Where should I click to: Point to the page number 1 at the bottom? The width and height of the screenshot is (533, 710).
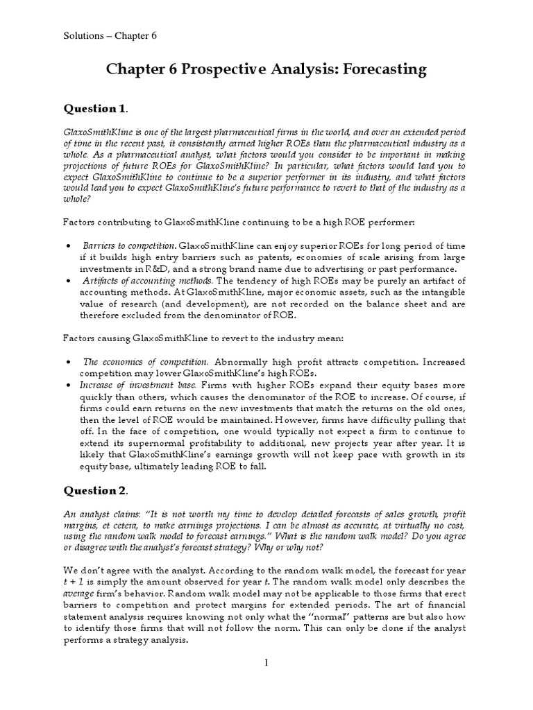coord(265,663)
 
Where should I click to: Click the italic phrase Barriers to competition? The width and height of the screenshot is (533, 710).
coord(129,246)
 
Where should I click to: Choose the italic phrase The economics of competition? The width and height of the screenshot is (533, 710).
coord(145,362)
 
